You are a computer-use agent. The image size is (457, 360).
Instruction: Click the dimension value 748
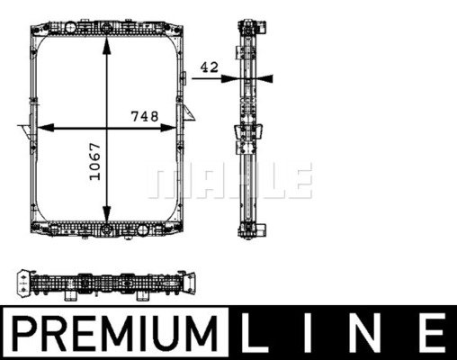[x=145, y=116]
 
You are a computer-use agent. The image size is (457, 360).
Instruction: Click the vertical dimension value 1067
[x=95, y=162]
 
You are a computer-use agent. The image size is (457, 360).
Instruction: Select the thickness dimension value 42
[x=210, y=67]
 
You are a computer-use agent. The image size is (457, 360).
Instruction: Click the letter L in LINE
[x=254, y=333]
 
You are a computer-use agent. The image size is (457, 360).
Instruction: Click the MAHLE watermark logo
[x=230, y=180]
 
